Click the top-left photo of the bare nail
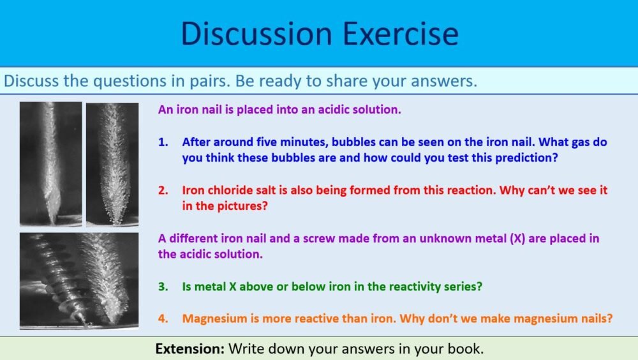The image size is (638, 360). coord(50,163)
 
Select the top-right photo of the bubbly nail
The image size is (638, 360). coord(112,163)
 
